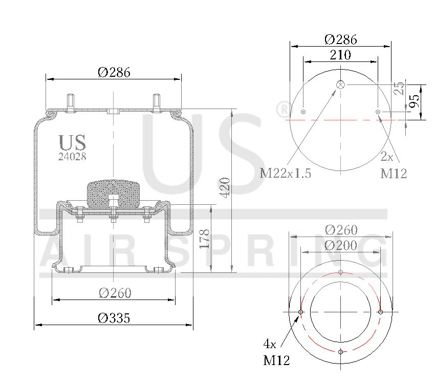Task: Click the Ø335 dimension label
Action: pos(114,318)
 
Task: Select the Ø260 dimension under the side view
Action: pos(115,293)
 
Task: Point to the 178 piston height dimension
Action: pos(205,239)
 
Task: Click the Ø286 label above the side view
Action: pos(114,72)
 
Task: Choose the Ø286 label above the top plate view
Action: pos(341,39)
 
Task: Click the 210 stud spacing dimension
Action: pos(340,55)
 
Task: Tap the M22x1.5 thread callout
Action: pos(286,173)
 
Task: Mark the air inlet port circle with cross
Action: pos(341,84)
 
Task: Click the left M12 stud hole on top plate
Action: pos(303,112)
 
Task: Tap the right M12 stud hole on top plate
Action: pos(378,112)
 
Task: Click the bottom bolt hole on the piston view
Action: pos(341,351)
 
